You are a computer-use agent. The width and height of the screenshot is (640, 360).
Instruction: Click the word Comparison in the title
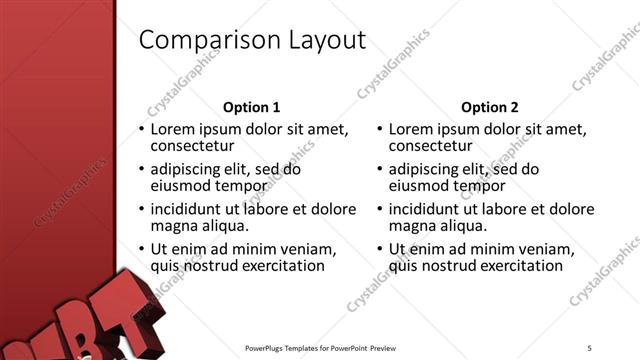click(x=200, y=40)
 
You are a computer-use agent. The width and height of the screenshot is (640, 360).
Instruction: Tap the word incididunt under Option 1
click(x=190, y=209)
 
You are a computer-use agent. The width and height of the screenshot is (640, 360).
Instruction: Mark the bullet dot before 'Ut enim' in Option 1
click(x=141, y=249)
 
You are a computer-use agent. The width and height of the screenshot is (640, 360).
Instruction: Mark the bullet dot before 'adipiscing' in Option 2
click(x=379, y=169)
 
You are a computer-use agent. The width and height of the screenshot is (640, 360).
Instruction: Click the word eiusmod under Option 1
click(x=181, y=185)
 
